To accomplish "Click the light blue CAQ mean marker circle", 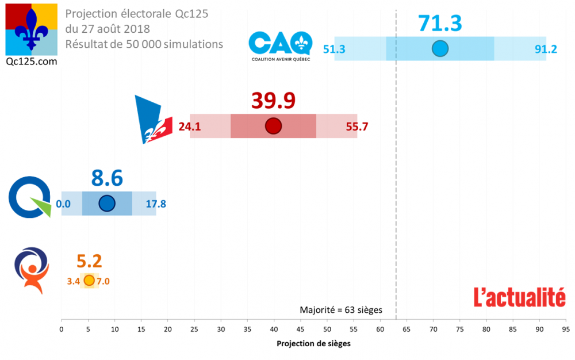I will [440, 49].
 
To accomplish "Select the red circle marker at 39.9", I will [273, 126].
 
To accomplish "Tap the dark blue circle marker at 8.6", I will [107, 203].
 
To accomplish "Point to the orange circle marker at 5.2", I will [89, 281].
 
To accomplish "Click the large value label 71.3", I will [440, 23].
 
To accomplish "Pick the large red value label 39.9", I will [273, 100].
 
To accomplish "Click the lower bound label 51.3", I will [334, 49].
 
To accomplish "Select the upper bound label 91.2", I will [546, 49].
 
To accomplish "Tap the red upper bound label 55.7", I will [356, 127].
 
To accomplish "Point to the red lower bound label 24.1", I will [189, 127].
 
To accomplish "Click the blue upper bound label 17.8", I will [156, 204].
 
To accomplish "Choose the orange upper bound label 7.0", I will [103, 281].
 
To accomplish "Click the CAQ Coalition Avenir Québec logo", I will [281, 46].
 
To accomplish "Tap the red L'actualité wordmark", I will [519, 297].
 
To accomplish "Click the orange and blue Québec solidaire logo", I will [32, 270].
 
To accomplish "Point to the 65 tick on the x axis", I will [407, 330].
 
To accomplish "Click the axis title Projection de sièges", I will [313, 344].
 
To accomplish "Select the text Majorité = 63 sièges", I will [340, 310].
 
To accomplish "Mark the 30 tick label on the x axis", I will [221, 330].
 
